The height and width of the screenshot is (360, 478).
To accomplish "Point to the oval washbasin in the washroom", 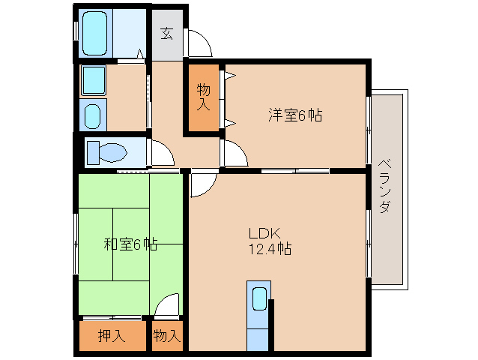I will pos(93,116).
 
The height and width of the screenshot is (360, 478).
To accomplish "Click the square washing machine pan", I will pos(94,79).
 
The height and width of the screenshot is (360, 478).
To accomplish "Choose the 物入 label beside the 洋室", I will pos(203,97).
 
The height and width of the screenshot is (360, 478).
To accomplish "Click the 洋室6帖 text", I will pos(296,115).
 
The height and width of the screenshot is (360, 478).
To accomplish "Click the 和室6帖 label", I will pos(130,244).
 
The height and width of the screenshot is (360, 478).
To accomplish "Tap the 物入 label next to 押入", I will pos(167,336).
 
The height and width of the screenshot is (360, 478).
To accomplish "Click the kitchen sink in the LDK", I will pos(259,298).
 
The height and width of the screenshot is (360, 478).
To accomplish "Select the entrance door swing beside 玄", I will pos(199,44).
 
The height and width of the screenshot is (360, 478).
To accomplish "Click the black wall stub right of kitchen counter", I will pos(272,324).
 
